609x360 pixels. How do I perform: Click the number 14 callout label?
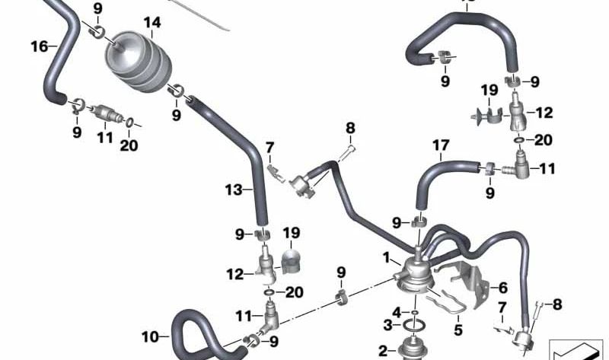click(151, 23)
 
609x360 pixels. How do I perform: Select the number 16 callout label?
click(40, 46)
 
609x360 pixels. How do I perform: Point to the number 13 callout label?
click(234, 190)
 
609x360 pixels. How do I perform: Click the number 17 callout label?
click(441, 145)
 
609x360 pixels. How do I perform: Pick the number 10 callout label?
click(150, 336)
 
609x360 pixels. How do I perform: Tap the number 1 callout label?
click(386, 257)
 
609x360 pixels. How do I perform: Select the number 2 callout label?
click(383, 352)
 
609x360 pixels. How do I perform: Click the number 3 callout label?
click(388, 325)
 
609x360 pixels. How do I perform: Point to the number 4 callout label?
click(396, 312)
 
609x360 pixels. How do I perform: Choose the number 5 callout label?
click(458, 330)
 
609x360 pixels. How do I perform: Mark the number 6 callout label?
click(503, 288)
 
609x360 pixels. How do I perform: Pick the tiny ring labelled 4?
click(415, 312)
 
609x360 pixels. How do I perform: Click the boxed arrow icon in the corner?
click(575, 350)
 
